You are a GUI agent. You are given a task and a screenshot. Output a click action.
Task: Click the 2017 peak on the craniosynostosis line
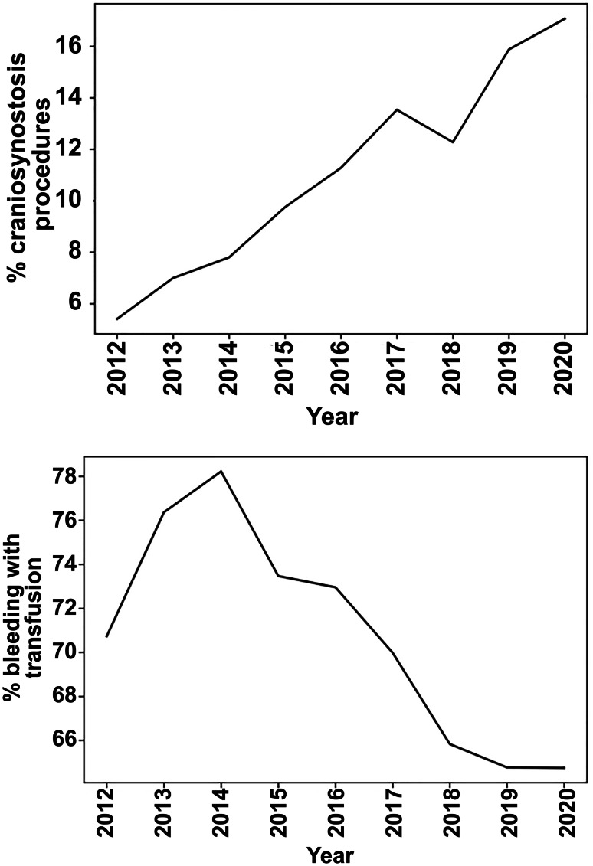[x=397, y=109]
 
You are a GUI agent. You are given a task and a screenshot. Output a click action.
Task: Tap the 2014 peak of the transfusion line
[x=221, y=471]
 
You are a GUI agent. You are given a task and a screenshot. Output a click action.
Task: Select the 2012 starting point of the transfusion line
[x=106, y=636]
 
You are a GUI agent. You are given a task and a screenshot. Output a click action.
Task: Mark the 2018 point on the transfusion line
[x=450, y=743]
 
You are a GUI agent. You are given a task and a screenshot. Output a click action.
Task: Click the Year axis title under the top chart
[x=333, y=417]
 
